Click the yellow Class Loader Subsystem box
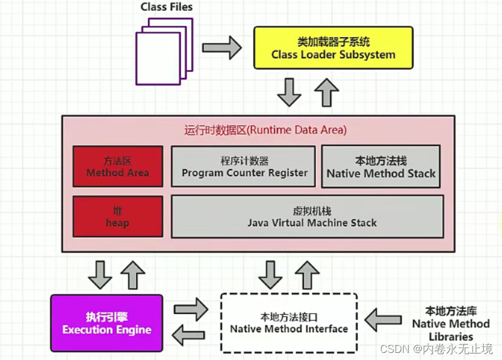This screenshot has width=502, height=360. [333, 48]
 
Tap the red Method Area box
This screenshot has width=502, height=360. [117, 167]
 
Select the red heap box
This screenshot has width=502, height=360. [117, 217]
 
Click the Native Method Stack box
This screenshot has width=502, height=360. [381, 167]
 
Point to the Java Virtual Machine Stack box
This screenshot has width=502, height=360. [306, 217]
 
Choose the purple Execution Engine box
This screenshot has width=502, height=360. [107, 323]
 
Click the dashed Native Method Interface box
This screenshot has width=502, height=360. [289, 322]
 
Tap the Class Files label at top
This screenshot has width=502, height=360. [167, 8]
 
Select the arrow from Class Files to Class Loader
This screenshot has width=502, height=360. [222, 48]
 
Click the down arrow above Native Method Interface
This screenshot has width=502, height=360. [270, 274]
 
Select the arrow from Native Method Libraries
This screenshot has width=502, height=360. [384, 321]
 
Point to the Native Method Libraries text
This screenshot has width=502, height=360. [451, 323]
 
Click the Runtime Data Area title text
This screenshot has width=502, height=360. [265, 130]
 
